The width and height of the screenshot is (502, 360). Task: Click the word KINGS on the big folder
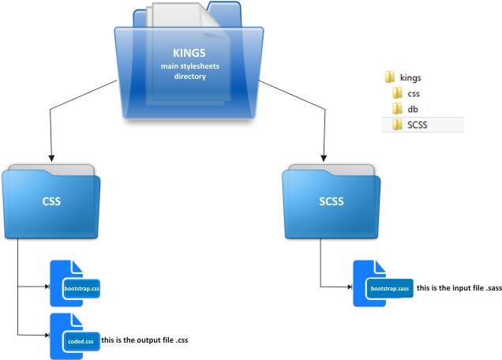189,53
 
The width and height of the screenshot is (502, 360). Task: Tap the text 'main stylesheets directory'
189,71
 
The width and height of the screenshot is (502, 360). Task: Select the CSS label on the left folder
51,201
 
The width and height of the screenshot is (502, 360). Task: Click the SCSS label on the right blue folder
331,201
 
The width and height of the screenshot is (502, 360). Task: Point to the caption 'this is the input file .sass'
459,287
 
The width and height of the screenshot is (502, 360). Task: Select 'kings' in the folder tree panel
411,78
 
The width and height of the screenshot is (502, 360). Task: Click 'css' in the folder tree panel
414,94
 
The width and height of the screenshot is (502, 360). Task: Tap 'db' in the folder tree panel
413,109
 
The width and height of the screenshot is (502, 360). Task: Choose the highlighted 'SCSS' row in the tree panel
418,125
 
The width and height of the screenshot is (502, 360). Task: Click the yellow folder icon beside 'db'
397,109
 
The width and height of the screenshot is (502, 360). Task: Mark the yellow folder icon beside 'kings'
389,78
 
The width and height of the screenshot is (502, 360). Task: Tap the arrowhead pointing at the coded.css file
46,335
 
